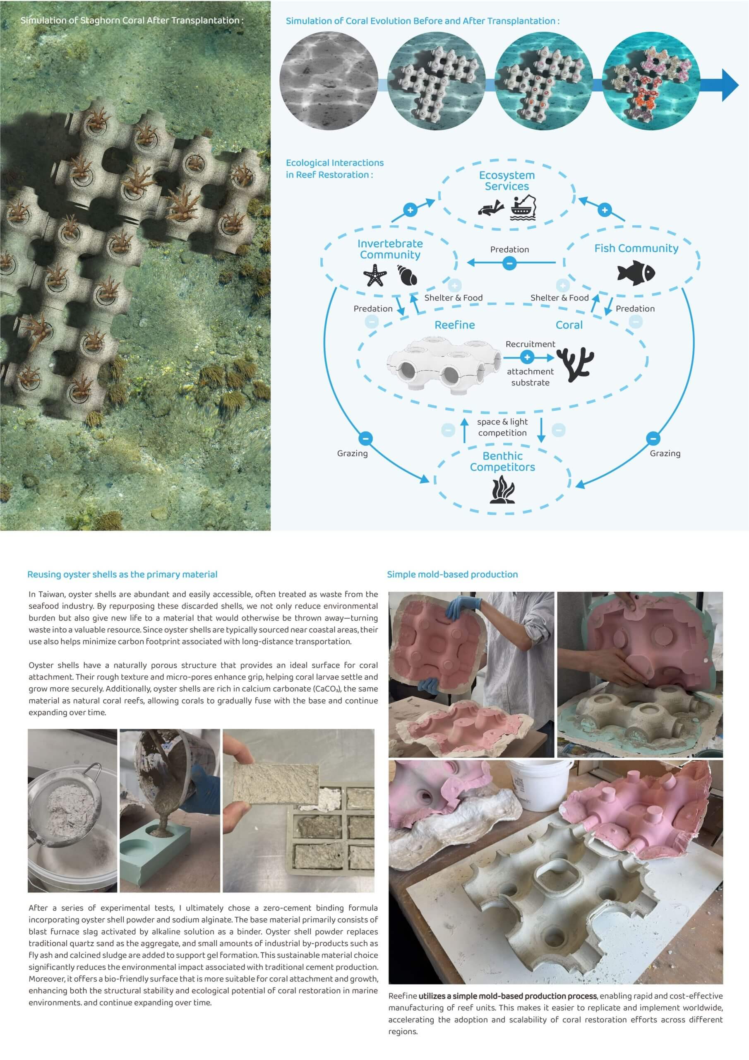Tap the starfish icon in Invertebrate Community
(x=375, y=275)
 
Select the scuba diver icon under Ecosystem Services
(x=491, y=207)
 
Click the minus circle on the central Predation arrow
(x=509, y=263)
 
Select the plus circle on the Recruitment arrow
(x=527, y=357)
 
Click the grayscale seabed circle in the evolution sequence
(x=329, y=81)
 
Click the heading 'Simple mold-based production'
(x=452, y=574)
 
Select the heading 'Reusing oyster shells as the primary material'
(x=122, y=574)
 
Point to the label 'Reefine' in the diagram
(x=454, y=325)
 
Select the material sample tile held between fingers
(x=276, y=782)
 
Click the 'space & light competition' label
(x=502, y=427)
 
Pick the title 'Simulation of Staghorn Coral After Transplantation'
(x=132, y=20)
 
